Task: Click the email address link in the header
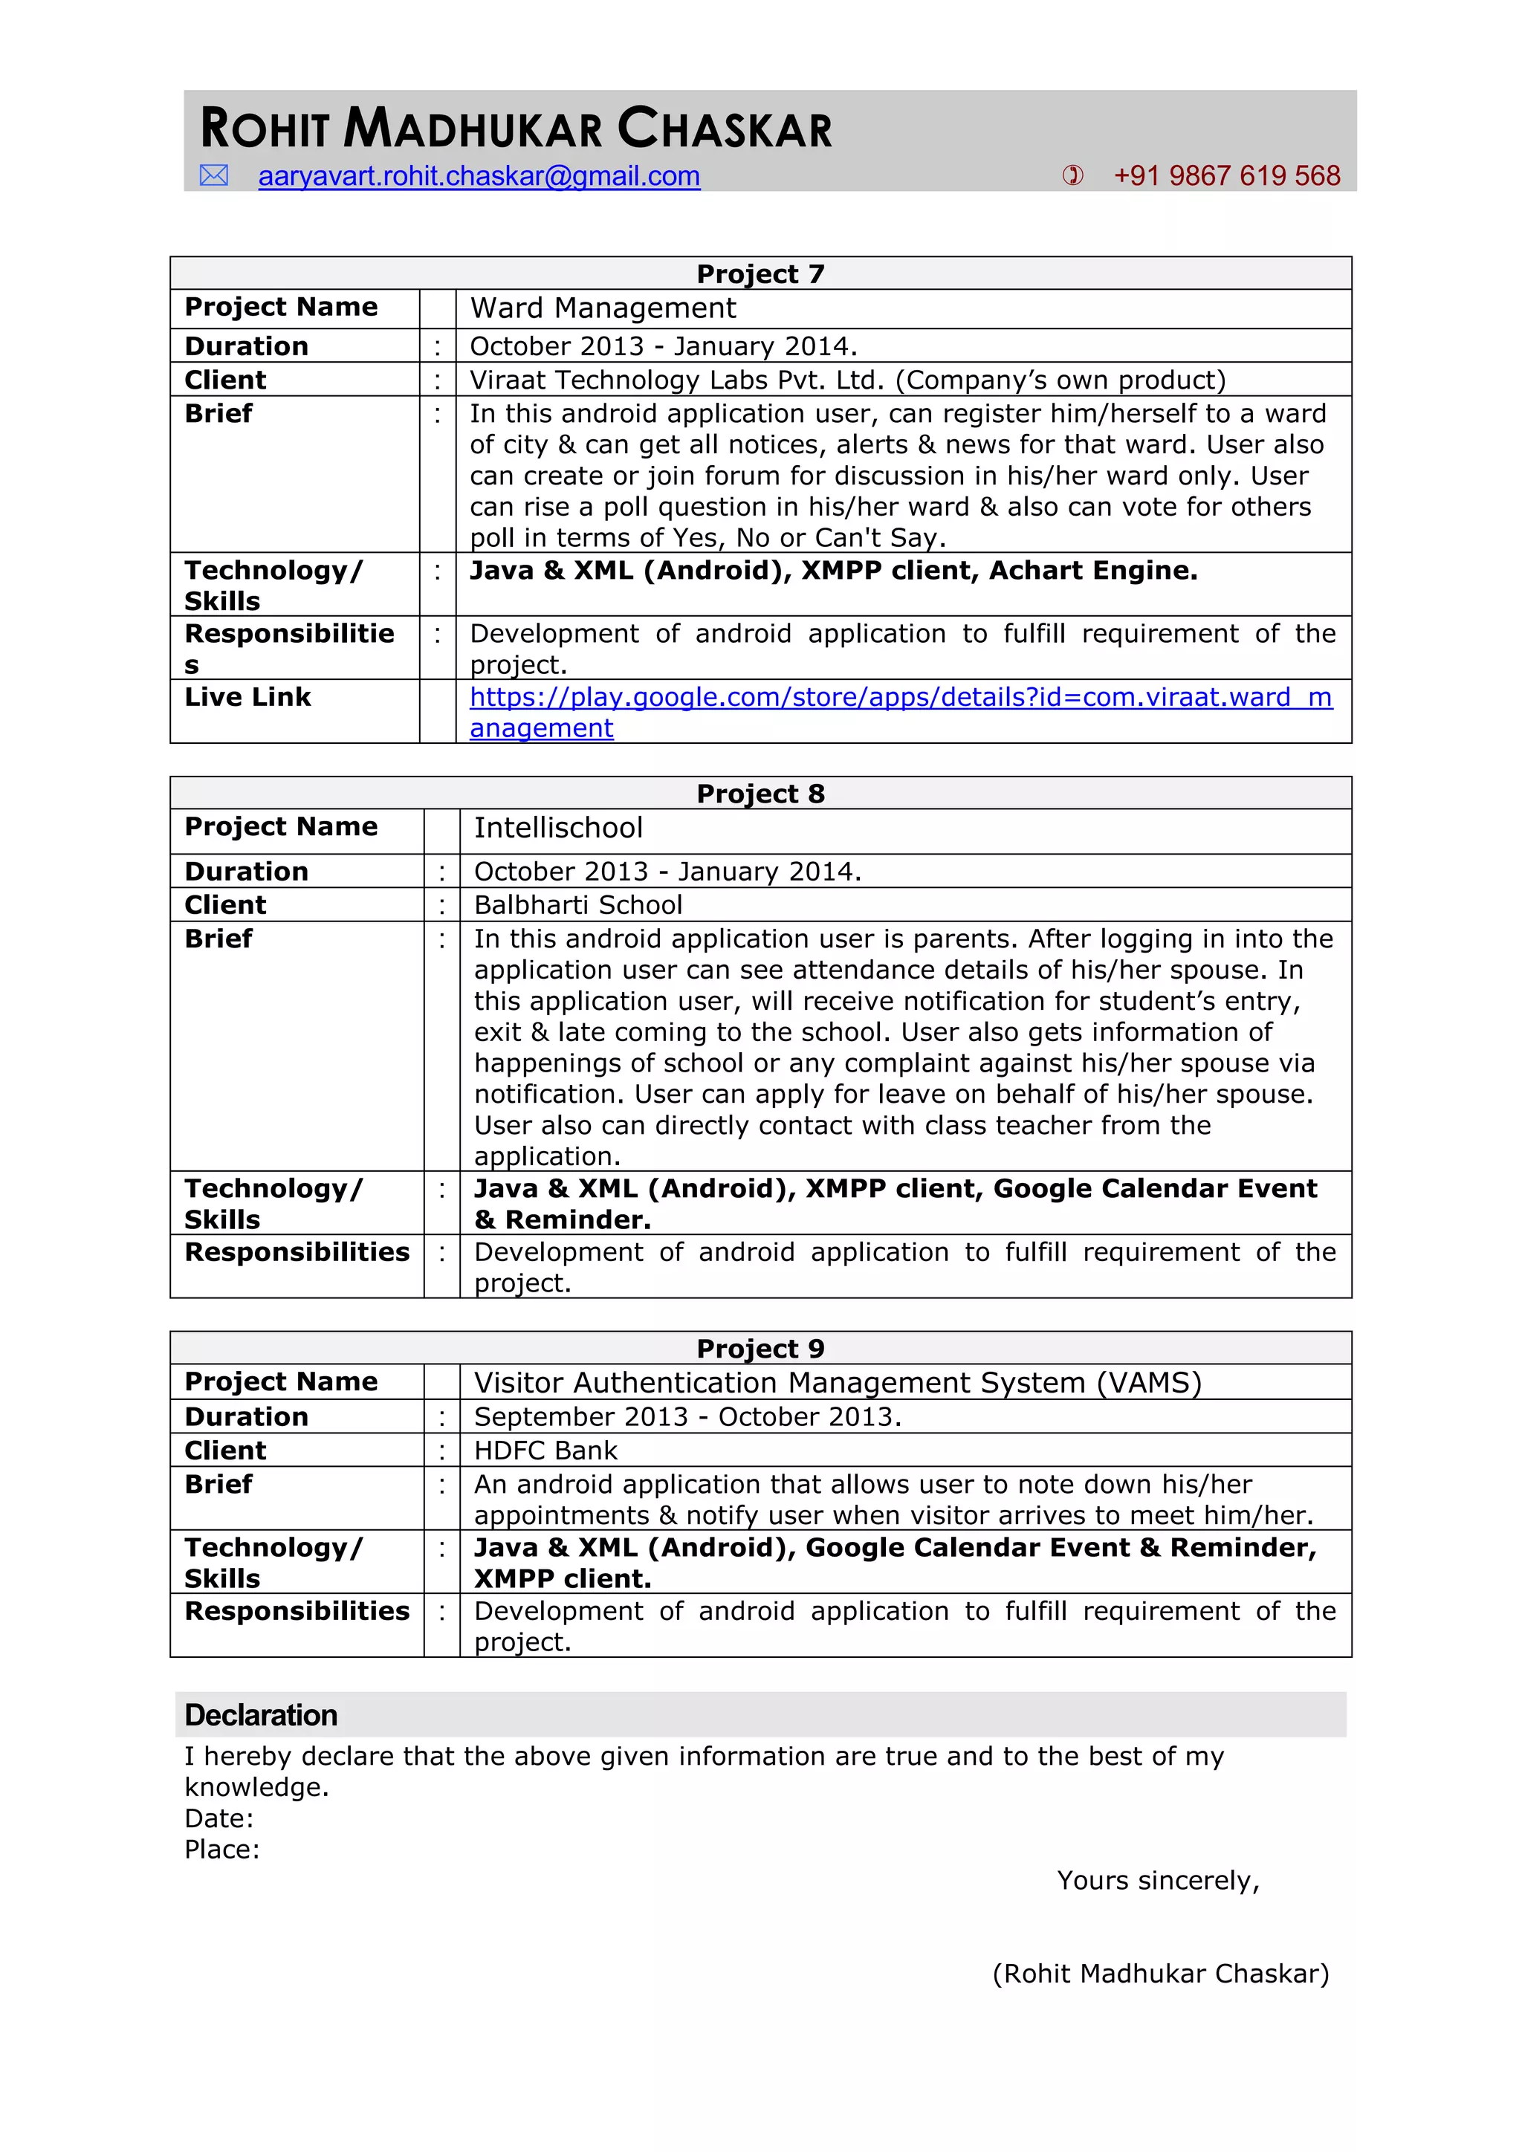pyautogui.click(x=479, y=176)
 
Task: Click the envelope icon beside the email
pyautogui.click(x=214, y=175)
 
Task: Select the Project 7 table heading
pyautogui.click(x=760, y=273)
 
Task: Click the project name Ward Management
pyautogui.click(x=603, y=308)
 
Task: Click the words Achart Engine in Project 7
pyautogui.click(x=1092, y=571)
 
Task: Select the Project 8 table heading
pyautogui.click(x=760, y=794)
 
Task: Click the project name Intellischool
pyautogui.click(x=559, y=829)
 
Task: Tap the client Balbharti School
pyautogui.click(x=578, y=905)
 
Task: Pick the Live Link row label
pyautogui.click(x=247, y=697)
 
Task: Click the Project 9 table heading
pyautogui.click(x=760, y=1349)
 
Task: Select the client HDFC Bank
pyautogui.click(x=545, y=1451)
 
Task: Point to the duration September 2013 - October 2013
pyautogui.click(x=687, y=1417)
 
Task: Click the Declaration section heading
pyautogui.click(x=261, y=1715)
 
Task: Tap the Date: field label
pyautogui.click(x=219, y=1819)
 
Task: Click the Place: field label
pyautogui.click(x=222, y=1850)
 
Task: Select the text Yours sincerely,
pyautogui.click(x=1159, y=1881)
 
